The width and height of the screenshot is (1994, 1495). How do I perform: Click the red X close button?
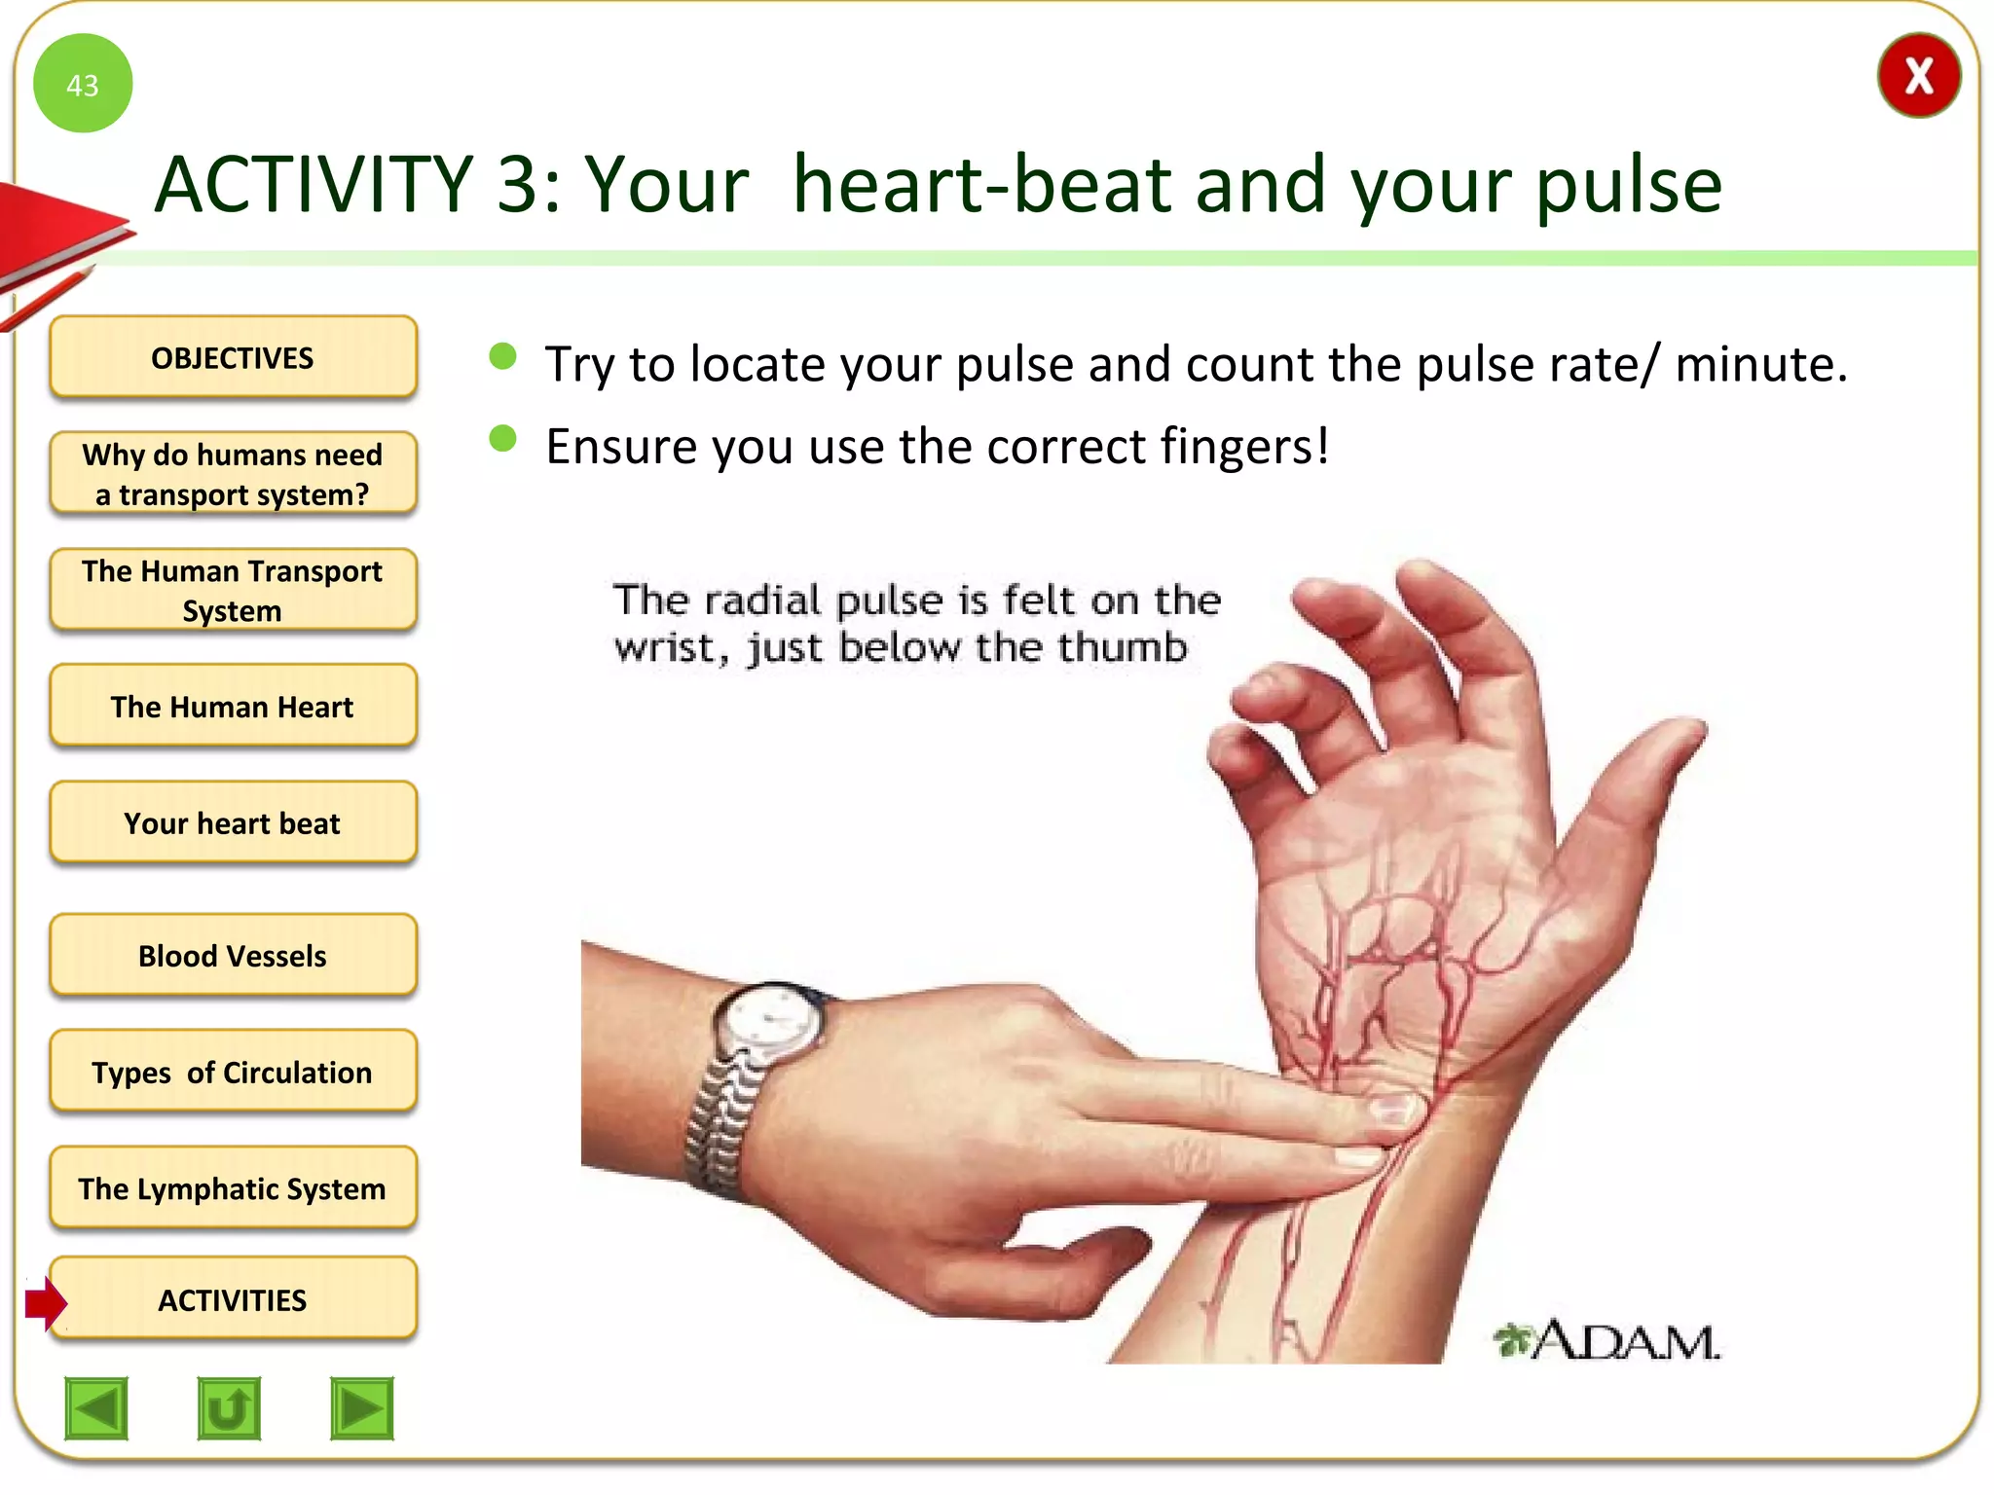[1917, 76]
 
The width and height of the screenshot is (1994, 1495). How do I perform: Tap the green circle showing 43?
[83, 84]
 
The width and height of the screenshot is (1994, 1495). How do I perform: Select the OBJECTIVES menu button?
[233, 357]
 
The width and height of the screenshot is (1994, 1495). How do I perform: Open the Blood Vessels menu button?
[233, 955]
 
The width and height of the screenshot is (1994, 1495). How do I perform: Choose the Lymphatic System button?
[233, 1188]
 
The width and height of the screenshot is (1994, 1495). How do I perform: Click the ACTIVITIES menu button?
[233, 1299]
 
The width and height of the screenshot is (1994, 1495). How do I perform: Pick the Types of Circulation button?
[233, 1072]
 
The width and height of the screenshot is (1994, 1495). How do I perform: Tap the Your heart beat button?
[233, 822]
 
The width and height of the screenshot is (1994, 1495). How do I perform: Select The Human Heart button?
[233, 706]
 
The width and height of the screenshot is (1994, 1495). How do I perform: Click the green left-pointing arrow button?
[96, 1408]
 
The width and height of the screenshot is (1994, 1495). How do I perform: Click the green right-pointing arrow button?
[361, 1408]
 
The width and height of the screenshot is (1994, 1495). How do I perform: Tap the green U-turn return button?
[229, 1408]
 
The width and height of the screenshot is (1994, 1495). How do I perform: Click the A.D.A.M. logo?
[1606, 1341]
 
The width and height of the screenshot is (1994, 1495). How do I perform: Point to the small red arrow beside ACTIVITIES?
[45, 1301]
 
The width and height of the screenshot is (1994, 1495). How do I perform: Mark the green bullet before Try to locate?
[502, 356]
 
